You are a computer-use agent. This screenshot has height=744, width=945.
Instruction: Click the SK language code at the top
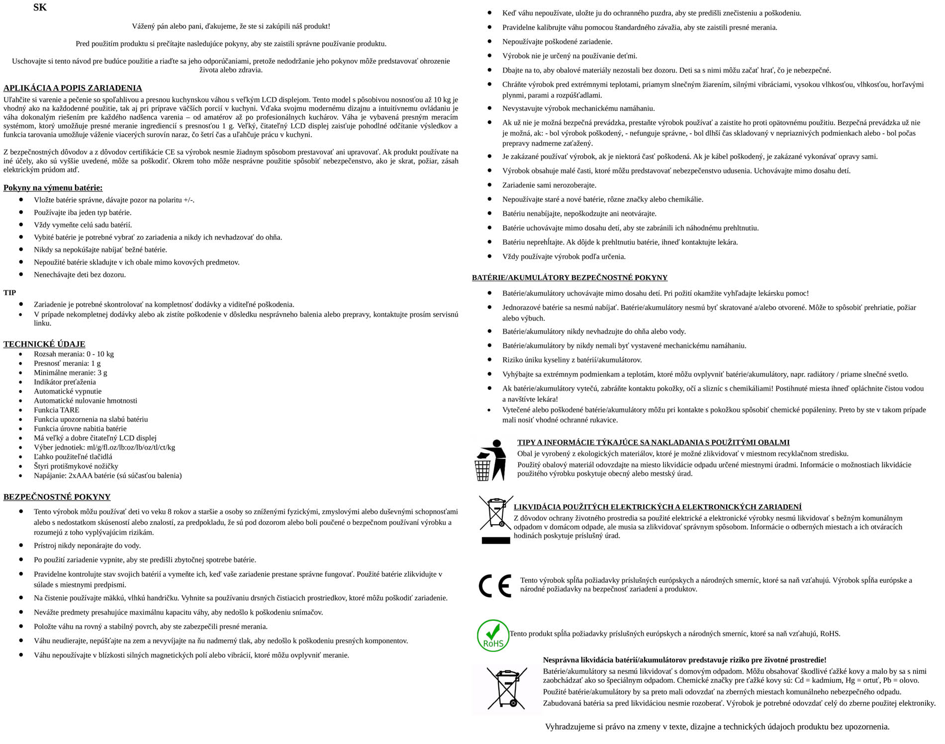pos(40,7)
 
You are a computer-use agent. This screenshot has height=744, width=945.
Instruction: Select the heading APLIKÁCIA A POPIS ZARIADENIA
pos(73,88)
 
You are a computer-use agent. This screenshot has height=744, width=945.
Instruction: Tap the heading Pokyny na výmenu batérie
pos(53,187)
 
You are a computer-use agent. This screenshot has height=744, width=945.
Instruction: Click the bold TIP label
pos(9,292)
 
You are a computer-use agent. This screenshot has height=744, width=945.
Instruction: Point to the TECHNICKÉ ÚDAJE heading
pos(44,344)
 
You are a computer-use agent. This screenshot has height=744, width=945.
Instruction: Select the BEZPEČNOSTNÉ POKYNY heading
pos(57,496)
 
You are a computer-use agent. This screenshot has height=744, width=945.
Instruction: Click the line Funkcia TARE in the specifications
pos(56,410)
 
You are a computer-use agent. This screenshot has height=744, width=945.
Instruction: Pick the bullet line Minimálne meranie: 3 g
pos(70,372)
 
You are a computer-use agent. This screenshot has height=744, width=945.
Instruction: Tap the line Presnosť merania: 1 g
pos(67,363)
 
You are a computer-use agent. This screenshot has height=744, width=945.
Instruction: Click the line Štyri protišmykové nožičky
pos(76,466)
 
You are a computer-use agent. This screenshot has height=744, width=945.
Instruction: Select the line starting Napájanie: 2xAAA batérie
pos(107,475)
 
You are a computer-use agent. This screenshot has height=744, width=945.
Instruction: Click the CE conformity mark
pos(494,585)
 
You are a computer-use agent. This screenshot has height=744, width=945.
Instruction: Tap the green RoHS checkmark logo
pos(492,635)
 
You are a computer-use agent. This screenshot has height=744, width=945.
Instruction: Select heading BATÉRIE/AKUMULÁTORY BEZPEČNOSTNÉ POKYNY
pos(569,278)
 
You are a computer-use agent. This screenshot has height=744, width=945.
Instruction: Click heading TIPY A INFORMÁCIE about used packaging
pos(653,442)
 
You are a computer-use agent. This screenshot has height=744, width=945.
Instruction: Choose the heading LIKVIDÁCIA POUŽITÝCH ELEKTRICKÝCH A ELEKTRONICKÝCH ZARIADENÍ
pos(658,507)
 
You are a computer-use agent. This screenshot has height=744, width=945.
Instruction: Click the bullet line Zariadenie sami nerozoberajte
pos(549,185)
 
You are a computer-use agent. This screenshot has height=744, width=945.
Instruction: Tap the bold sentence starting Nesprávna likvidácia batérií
pos(684,660)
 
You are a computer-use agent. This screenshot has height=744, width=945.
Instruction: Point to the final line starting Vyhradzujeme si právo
pos(717,727)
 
